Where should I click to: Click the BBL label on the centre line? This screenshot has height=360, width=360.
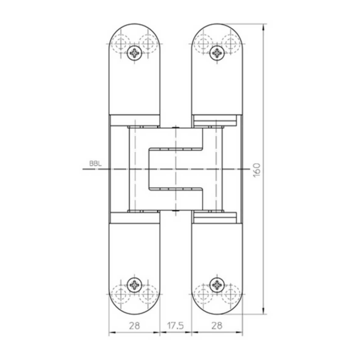pyautogui.click(x=94, y=163)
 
